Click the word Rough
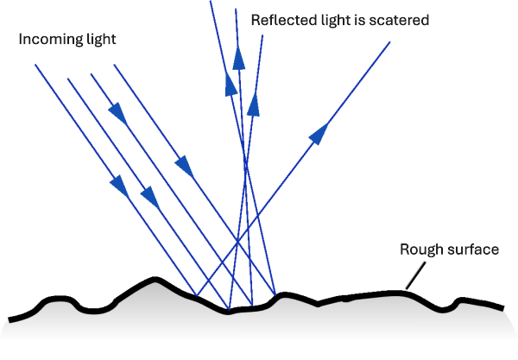point(420,249)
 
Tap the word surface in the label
point(472,249)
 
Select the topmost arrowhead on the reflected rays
point(239,57)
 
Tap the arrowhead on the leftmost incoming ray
point(117,184)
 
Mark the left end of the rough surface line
point(10,316)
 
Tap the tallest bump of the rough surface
point(155,279)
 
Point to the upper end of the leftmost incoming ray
point(36,65)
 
